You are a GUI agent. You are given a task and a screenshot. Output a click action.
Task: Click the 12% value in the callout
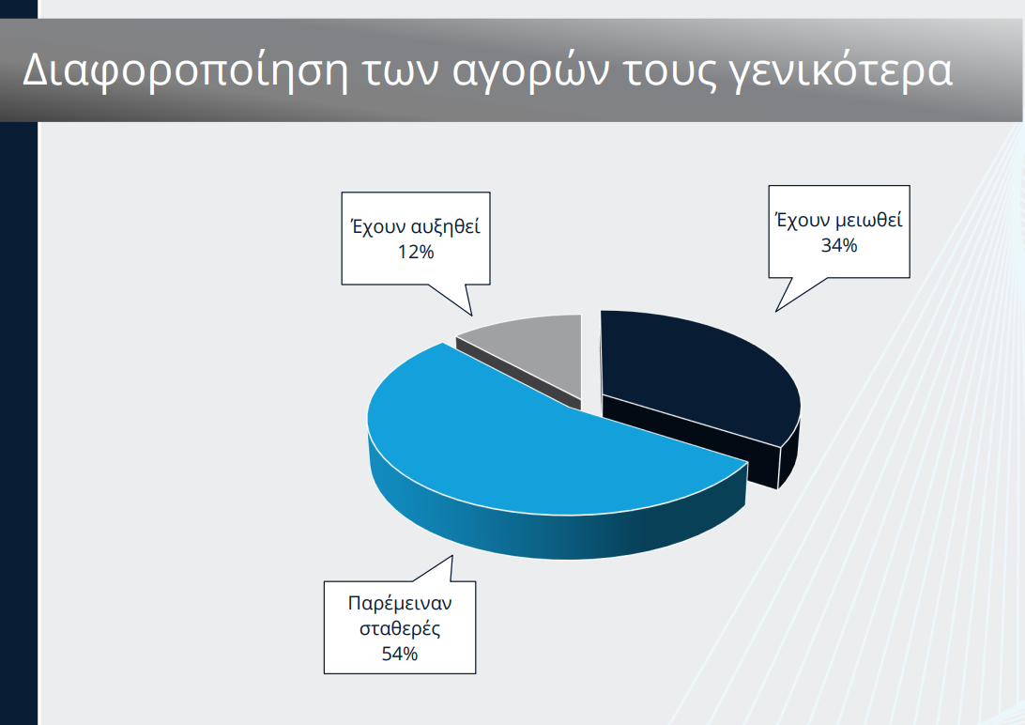(414, 251)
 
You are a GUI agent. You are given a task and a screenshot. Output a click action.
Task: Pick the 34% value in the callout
(838, 245)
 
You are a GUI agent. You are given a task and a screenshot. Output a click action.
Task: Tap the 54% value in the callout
(400, 653)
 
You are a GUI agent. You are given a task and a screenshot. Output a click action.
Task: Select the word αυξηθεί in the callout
(447, 227)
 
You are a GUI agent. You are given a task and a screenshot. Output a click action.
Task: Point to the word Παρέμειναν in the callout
(400, 602)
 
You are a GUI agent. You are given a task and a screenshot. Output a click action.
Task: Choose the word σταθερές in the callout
(400, 627)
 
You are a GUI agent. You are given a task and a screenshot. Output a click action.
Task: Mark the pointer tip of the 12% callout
(472, 315)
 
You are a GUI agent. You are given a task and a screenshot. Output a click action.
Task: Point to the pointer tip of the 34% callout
(775, 310)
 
